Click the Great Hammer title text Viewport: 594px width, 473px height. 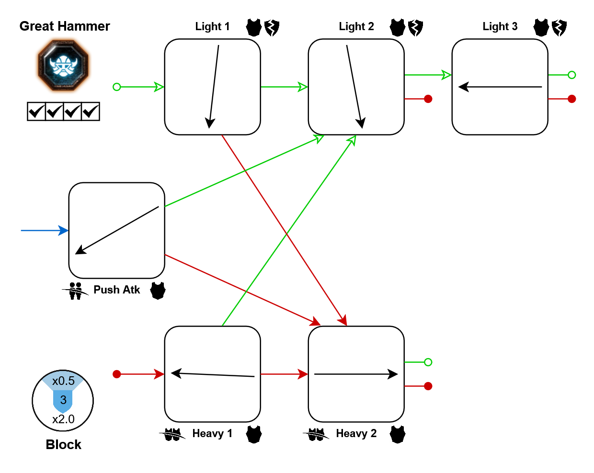pyautogui.click(x=65, y=26)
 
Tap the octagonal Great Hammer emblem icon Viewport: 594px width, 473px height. pyautogui.click(x=64, y=66)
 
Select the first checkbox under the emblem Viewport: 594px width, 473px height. pyautogui.click(x=36, y=112)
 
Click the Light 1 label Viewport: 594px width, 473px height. pyautogui.click(x=212, y=27)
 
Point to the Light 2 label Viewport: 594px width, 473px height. pyautogui.click(x=356, y=27)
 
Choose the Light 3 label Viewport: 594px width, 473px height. pyautogui.click(x=500, y=27)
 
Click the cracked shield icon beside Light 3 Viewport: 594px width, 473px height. pyautogui.click(x=559, y=28)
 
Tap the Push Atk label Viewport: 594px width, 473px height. pyautogui.click(x=116, y=290)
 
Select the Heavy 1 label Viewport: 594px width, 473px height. pyautogui.click(x=212, y=434)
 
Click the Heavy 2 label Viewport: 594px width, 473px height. pyautogui.click(x=356, y=434)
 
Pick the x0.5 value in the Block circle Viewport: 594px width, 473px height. pyautogui.click(x=63, y=381)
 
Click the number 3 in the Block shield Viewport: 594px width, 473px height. pyautogui.click(x=63, y=400)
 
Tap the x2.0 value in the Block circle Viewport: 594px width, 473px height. pyautogui.click(x=63, y=419)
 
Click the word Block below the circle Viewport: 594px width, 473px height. pyautogui.click(x=63, y=445)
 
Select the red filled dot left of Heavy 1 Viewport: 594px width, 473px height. pyautogui.click(x=116, y=374)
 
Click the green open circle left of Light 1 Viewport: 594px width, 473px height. pyautogui.click(x=116, y=87)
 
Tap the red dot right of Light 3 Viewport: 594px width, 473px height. pyautogui.click(x=571, y=99)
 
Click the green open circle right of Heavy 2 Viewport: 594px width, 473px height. pyautogui.click(x=428, y=362)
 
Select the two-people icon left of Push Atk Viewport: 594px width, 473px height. pyautogui.click(x=75, y=291)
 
